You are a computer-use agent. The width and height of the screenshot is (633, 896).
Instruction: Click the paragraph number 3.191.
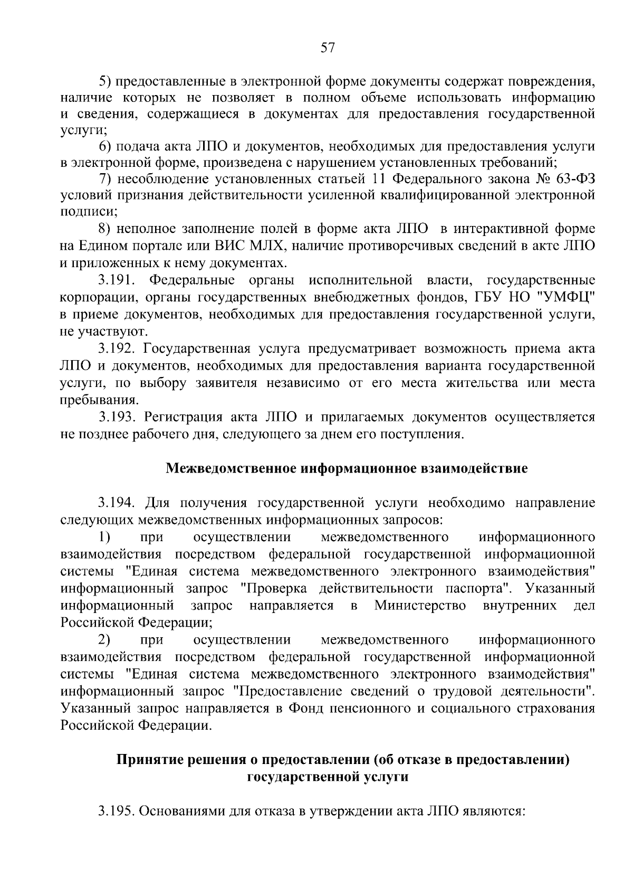pos(118,280)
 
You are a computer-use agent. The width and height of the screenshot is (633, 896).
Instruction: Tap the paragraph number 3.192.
pos(118,348)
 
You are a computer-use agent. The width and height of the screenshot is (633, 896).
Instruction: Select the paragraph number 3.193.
pos(118,417)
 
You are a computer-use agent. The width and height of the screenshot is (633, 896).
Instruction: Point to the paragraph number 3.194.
pos(118,503)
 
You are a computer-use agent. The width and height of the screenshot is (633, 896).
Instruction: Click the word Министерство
pos(420,606)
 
